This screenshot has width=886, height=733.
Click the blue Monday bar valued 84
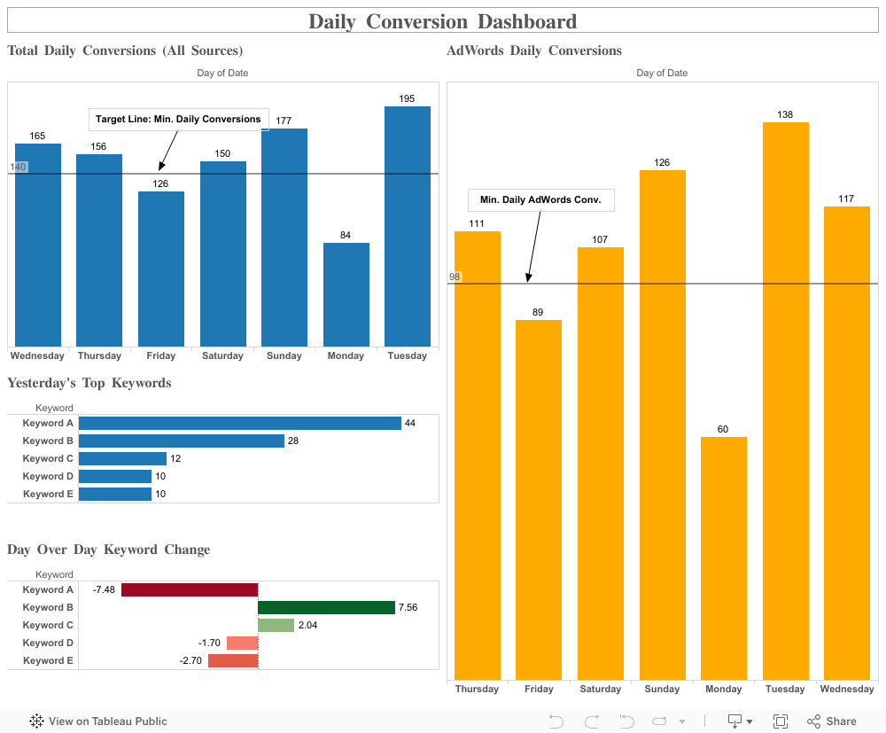point(346,294)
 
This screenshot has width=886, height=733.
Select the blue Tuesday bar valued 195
point(407,226)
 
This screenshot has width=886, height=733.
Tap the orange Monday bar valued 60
point(723,558)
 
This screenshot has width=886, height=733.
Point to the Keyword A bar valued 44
point(239,424)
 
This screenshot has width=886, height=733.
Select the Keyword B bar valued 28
point(181,441)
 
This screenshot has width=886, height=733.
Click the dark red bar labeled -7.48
point(189,589)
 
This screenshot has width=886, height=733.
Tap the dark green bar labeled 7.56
point(326,607)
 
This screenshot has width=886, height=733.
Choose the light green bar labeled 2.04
point(276,625)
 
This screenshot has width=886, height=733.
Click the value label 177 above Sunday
point(284,121)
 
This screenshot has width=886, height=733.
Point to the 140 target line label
point(18,167)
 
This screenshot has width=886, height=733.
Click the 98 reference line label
point(455,277)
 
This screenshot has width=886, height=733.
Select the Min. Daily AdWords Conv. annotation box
point(540,200)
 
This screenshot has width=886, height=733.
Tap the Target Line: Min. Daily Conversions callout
point(178,119)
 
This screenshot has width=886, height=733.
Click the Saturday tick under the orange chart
point(601,689)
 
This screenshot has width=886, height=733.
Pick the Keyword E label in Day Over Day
point(48,660)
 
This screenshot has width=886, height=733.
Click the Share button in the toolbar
point(832,721)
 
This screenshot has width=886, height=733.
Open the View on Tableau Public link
point(98,721)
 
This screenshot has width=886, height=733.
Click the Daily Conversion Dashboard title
point(442,21)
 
